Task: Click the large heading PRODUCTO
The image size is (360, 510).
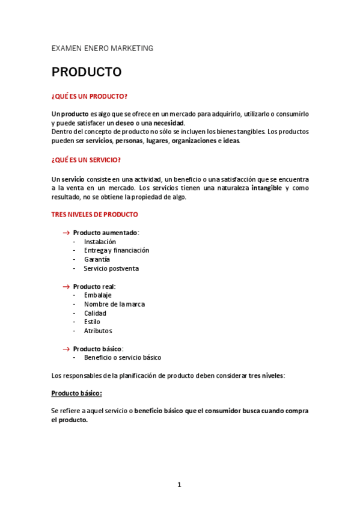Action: click(87, 73)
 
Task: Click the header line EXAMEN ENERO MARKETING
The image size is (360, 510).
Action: click(102, 48)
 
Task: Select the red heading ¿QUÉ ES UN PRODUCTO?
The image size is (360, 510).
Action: click(90, 96)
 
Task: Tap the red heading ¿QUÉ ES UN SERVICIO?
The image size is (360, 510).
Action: click(86, 160)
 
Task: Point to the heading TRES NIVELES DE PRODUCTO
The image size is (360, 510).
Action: click(95, 214)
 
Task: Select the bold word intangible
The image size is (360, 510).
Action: click(266, 188)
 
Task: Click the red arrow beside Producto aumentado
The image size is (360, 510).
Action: click(66, 233)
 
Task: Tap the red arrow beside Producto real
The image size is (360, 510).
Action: click(66, 286)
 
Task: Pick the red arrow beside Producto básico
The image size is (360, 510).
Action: click(66, 349)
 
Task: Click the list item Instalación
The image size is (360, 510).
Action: click(100, 242)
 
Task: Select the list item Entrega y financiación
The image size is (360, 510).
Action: click(117, 250)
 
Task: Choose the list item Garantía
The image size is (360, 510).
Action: click(97, 259)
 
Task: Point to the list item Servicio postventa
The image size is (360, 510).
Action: click(111, 268)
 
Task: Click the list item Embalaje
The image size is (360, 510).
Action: click(98, 295)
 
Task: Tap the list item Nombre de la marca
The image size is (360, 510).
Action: click(114, 304)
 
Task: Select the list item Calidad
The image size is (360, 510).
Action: click(95, 313)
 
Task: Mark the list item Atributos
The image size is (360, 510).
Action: click(98, 331)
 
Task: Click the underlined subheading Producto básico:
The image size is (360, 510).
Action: click(77, 393)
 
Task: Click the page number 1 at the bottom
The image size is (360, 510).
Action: click(179, 485)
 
